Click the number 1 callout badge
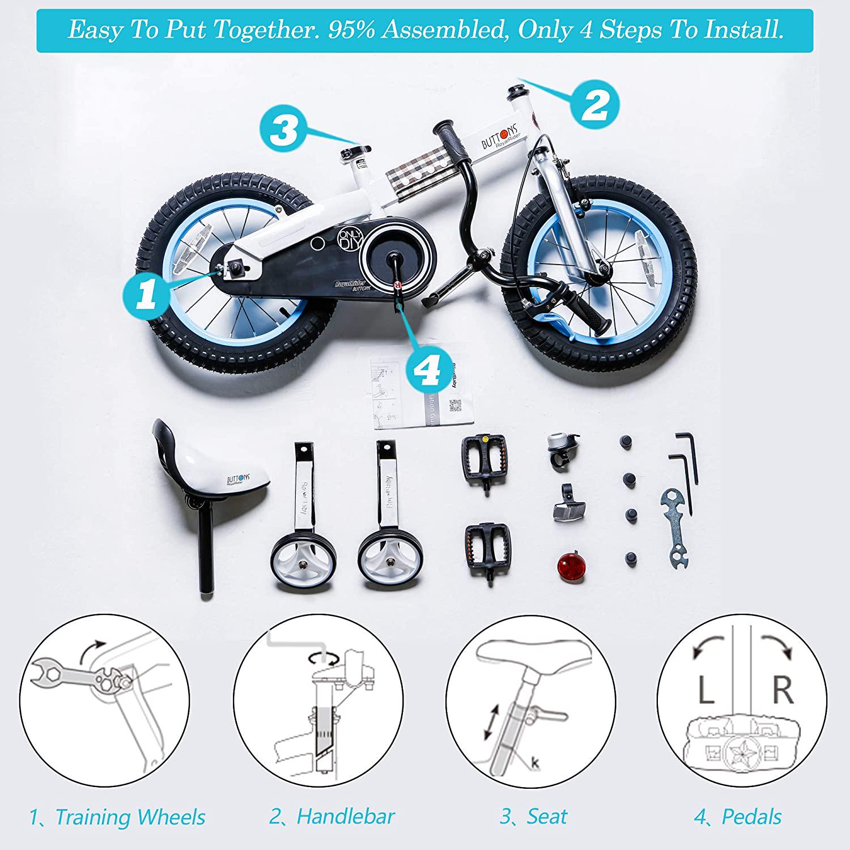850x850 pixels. tap(146, 295)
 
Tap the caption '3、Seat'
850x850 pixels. tap(533, 817)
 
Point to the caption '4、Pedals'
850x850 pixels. tap(737, 817)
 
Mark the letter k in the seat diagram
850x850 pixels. tap(535, 763)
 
